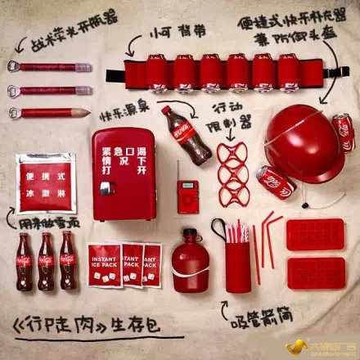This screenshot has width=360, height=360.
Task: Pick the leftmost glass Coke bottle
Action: coord(25,261)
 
